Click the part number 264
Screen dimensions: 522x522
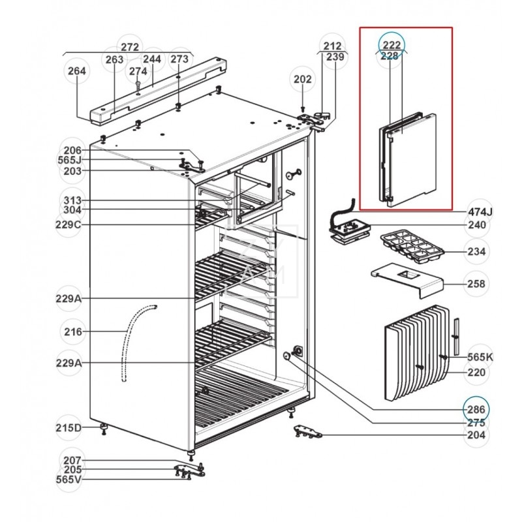click(x=77, y=71)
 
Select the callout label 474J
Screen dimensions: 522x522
click(x=480, y=211)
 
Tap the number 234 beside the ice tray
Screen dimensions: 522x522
click(x=477, y=251)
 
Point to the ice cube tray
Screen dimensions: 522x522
click(x=412, y=247)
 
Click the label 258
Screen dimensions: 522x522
click(x=476, y=284)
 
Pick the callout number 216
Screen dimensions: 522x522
click(x=73, y=331)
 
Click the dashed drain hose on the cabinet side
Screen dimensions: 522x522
click(x=133, y=343)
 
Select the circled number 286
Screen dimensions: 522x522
click(x=476, y=410)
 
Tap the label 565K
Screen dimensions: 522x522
click(x=480, y=357)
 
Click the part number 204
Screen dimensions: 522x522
click(x=476, y=435)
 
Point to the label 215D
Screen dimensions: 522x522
click(x=69, y=427)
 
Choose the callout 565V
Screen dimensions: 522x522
click(x=69, y=479)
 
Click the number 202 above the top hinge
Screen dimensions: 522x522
click(x=303, y=79)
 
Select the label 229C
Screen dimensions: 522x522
click(x=68, y=224)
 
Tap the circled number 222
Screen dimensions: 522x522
click(x=392, y=45)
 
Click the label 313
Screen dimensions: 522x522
click(x=72, y=200)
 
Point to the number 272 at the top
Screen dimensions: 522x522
click(x=129, y=47)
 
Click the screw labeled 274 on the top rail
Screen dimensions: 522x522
click(x=138, y=87)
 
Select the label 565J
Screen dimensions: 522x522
click(x=69, y=160)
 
